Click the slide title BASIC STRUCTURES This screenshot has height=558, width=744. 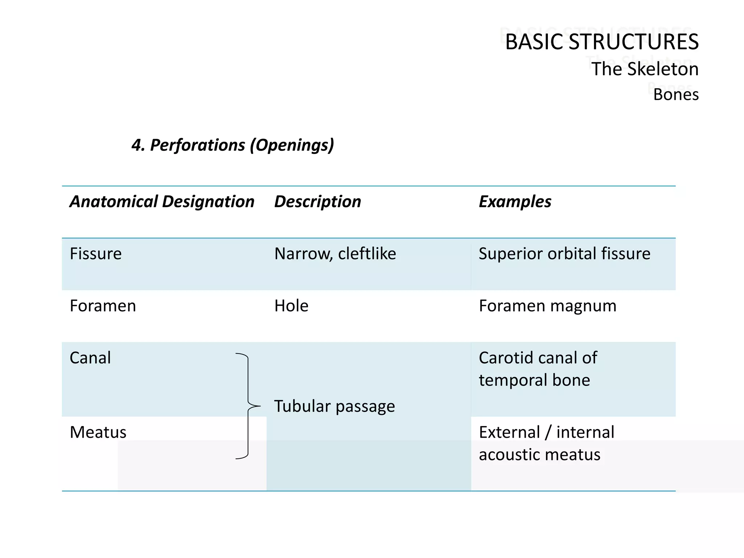(602, 42)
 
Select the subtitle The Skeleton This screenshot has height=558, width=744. (645, 69)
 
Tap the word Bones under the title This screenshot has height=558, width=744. (676, 94)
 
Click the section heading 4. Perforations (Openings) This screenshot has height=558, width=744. (233, 145)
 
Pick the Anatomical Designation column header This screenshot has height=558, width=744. (162, 202)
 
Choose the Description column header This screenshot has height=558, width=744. (318, 202)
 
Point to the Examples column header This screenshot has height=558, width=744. (515, 202)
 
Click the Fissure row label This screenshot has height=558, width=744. (96, 254)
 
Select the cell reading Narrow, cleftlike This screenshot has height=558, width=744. (335, 254)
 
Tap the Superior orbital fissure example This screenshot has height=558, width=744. (565, 254)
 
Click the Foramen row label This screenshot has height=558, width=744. (103, 306)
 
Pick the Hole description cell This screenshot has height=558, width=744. (291, 306)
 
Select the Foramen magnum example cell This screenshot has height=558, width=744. (547, 306)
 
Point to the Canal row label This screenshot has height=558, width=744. (90, 358)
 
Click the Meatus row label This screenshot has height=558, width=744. (98, 432)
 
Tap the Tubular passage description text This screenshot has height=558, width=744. (334, 406)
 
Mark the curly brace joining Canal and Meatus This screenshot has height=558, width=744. (248, 406)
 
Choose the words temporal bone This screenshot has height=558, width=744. (534, 380)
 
